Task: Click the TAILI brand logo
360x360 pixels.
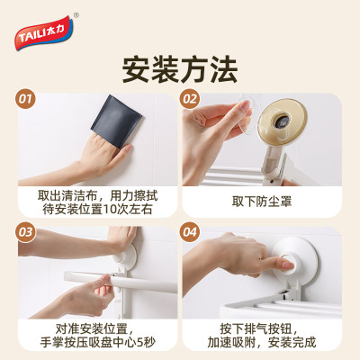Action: (44, 33)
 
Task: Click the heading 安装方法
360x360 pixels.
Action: (180, 69)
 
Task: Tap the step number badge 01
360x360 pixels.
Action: (25, 99)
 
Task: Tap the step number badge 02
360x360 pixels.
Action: (190, 99)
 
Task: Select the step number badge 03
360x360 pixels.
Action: (25, 232)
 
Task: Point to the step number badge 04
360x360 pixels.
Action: (190, 232)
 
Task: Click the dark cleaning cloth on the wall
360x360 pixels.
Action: (116, 121)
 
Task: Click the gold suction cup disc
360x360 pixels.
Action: (282, 121)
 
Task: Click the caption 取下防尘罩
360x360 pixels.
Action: (262, 202)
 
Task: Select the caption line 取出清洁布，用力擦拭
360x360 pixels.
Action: (97, 195)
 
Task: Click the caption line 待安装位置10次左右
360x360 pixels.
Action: (97, 209)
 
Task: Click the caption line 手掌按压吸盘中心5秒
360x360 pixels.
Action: (97, 342)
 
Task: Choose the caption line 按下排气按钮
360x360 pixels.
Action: (259, 328)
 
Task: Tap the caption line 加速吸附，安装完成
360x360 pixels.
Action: (262, 342)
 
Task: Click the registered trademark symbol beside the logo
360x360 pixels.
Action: (76, 15)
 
